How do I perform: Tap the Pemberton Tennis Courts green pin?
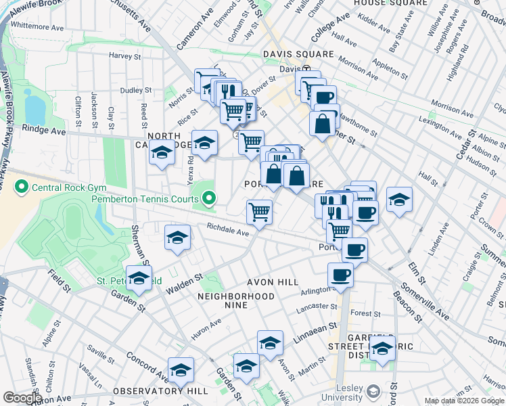point(210,199)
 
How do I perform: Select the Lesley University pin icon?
point(373,391)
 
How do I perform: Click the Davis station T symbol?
point(306,69)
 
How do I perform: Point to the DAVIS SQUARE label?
point(298,54)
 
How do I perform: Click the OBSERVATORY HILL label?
point(152,391)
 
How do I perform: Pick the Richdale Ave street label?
point(228,230)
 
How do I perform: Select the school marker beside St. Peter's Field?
point(139,278)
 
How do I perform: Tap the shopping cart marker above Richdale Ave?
point(259,212)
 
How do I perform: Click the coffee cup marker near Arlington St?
point(340,275)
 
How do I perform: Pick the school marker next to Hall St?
point(399,200)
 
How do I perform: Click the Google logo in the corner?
point(22,398)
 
